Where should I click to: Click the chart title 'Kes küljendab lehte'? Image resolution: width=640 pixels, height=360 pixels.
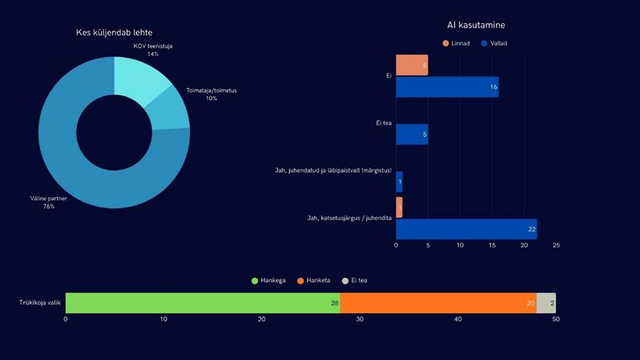pyautogui.click(x=114, y=32)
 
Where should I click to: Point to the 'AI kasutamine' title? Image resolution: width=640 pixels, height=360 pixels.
pyautogui.click(x=476, y=25)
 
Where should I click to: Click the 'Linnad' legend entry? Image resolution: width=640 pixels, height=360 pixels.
pyautogui.click(x=456, y=44)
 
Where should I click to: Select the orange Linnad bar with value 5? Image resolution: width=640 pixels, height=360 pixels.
pyautogui.click(x=411, y=65)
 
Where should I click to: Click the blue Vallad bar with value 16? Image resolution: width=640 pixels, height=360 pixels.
pyautogui.click(x=447, y=87)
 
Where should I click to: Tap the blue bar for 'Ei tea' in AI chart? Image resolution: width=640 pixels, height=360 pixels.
pyautogui.click(x=411, y=134)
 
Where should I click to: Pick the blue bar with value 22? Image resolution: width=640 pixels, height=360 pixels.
pyautogui.click(x=466, y=229)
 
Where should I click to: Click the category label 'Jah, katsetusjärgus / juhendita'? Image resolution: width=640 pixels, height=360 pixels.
pyautogui.click(x=349, y=218)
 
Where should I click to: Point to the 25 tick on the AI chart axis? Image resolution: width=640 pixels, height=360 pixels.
pyautogui.click(x=556, y=246)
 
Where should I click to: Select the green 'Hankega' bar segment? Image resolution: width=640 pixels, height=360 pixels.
pyautogui.click(x=202, y=303)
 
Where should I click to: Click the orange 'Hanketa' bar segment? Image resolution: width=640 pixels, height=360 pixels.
pyautogui.click(x=437, y=303)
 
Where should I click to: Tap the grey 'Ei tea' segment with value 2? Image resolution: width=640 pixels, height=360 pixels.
pyautogui.click(x=545, y=303)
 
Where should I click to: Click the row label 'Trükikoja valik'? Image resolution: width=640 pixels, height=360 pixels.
pyautogui.click(x=40, y=303)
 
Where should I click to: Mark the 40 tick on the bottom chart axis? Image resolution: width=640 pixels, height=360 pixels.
pyautogui.click(x=457, y=320)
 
